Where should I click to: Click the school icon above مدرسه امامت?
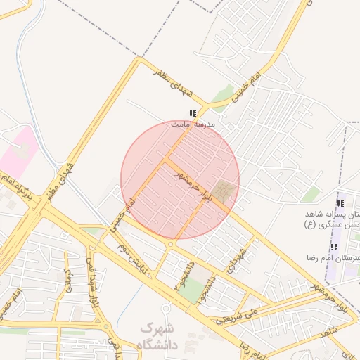(193, 114)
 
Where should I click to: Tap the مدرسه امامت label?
(193, 124)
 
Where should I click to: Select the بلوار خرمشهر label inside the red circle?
(196, 184)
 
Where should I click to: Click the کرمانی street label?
(69, 281)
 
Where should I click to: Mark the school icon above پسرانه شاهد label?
(340, 203)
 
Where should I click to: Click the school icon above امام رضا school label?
(333, 247)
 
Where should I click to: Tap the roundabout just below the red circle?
(172, 244)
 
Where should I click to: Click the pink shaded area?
(20, 150)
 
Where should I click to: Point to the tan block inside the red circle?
(226, 190)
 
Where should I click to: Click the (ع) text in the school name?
(309, 225)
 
